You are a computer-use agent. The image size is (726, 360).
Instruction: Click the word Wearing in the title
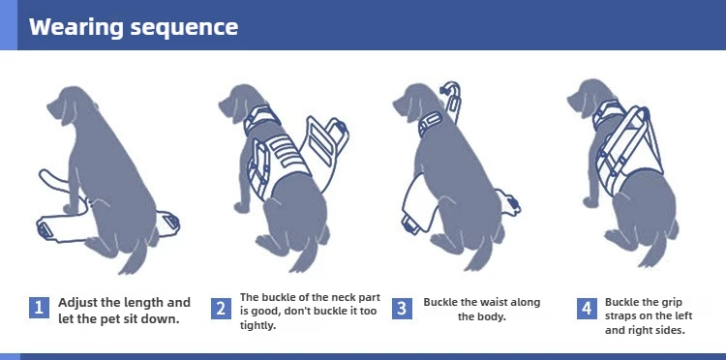[76, 26]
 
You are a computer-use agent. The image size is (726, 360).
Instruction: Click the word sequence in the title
[184, 28]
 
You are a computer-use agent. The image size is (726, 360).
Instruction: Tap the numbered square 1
[39, 308]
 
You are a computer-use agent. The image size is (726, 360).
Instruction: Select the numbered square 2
[221, 309]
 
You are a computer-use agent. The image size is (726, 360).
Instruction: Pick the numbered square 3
[402, 309]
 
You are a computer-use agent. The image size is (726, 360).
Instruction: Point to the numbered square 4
[587, 309]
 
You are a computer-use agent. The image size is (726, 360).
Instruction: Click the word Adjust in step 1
[77, 303]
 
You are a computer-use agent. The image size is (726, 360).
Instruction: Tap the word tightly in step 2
[257, 325]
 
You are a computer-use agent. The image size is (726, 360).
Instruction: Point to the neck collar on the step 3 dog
[430, 123]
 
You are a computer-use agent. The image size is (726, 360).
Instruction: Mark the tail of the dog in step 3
[481, 256]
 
